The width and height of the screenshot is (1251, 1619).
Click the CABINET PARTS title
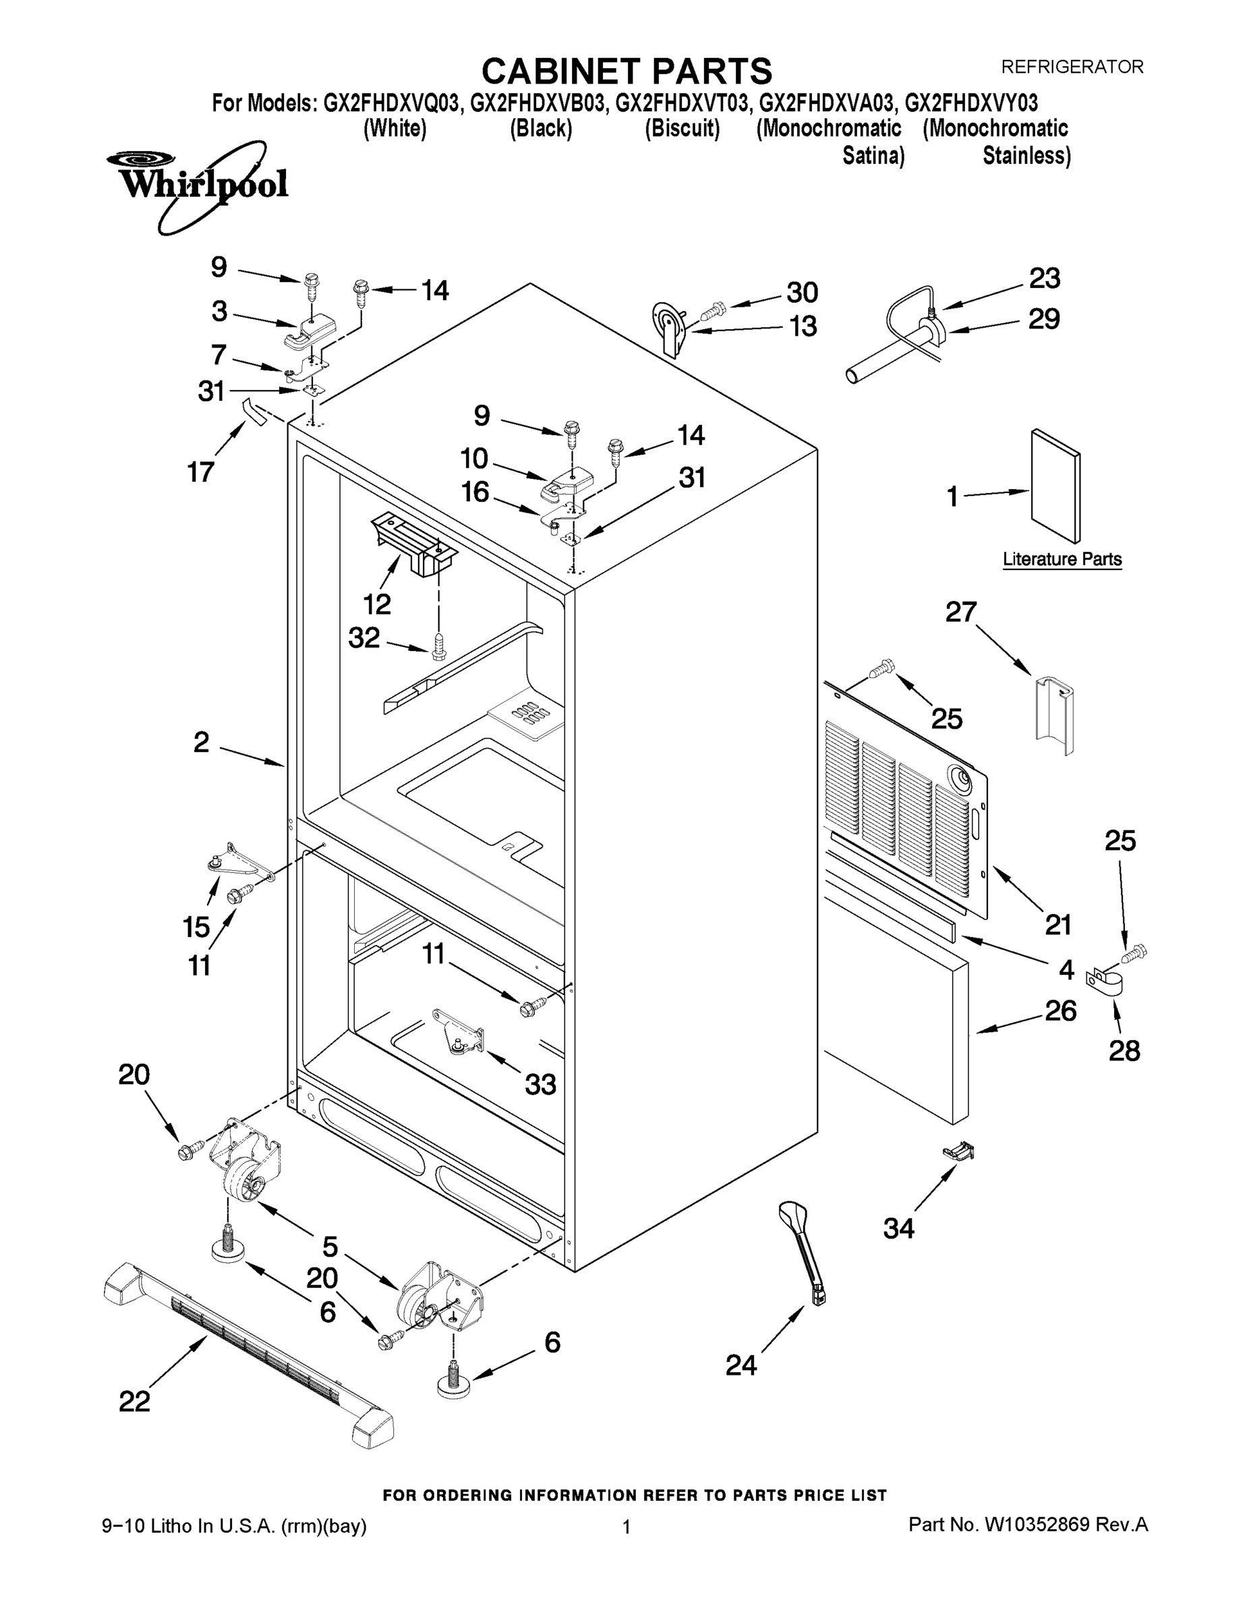(x=627, y=72)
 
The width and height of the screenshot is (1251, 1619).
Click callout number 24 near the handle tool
(x=740, y=1364)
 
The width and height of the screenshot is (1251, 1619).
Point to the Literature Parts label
(x=1061, y=559)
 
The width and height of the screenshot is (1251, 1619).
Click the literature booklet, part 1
(x=1055, y=486)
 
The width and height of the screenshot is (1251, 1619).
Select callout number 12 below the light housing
(x=377, y=604)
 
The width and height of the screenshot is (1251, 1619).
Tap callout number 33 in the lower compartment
(x=540, y=1085)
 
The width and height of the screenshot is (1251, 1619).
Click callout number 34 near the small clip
(x=898, y=1228)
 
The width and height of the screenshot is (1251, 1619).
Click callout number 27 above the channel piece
(x=960, y=613)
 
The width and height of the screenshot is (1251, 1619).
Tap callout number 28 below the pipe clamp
(x=1124, y=1050)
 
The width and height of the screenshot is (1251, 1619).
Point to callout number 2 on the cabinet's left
(x=201, y=742)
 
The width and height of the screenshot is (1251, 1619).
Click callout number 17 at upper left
(x=201, y=472)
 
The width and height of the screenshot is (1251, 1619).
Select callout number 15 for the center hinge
(x=196, y=926)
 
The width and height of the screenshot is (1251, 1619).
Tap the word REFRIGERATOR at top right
(x=1072, y=67)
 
